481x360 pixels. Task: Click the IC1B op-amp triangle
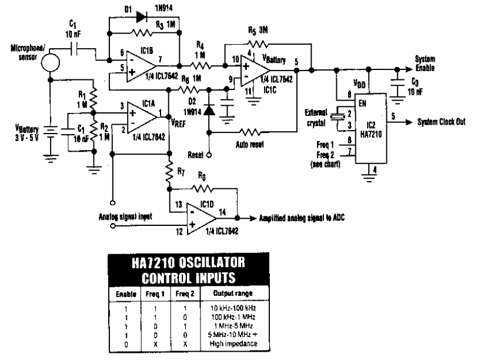pos(136,64)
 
